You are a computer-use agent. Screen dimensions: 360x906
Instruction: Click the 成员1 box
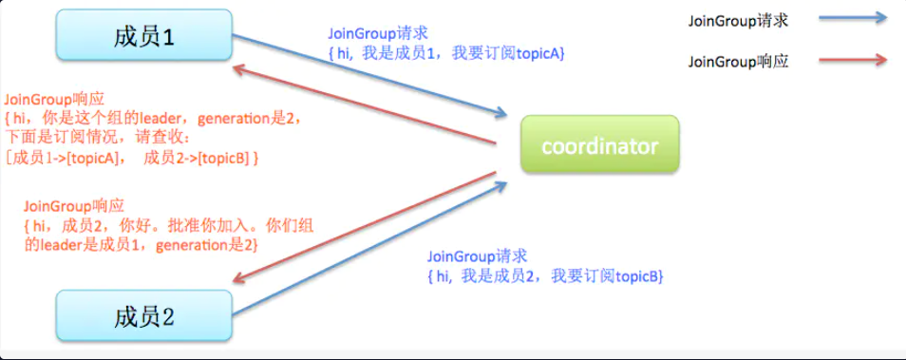(143, 37)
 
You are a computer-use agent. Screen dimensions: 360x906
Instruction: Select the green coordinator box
(599, 145)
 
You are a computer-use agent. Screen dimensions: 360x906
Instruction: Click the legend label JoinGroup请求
(738, 20)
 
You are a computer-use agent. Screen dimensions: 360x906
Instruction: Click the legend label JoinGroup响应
(738, 63)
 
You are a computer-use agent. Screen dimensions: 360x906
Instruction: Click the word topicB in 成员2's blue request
(638, 275)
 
